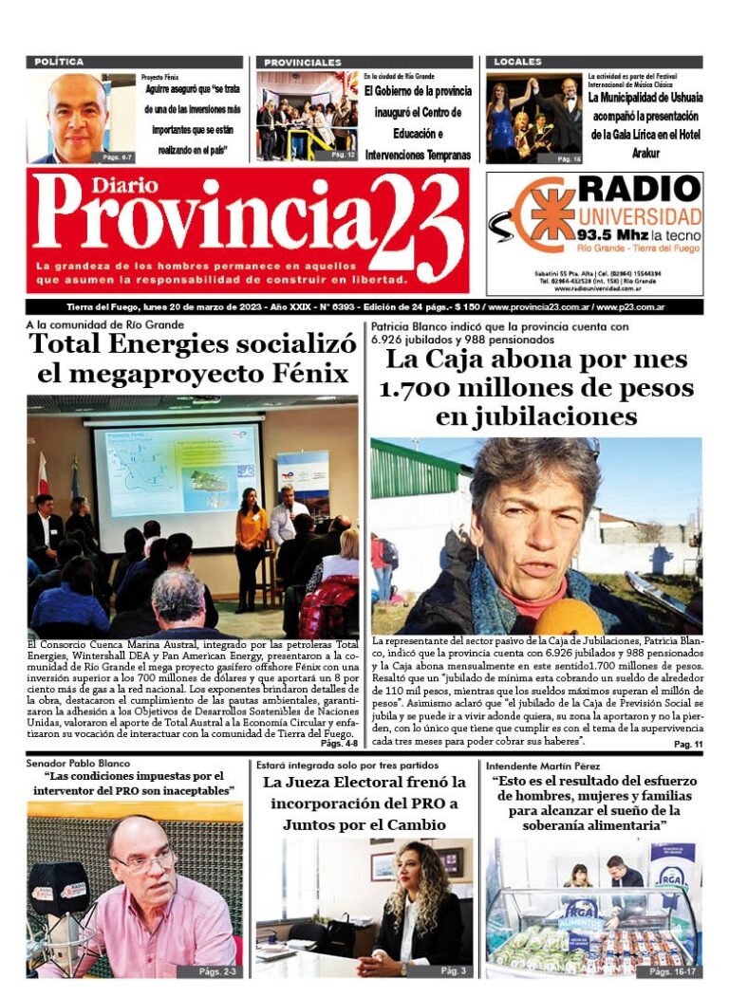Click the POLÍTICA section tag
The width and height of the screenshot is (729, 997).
pos(59,62)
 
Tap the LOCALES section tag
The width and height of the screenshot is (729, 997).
pos(517,62)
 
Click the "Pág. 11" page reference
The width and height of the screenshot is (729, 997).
pos(687,746)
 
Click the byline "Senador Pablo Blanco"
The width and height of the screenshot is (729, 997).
pos(78,764)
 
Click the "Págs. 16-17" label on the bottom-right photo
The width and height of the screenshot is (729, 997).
pos(671,971)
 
